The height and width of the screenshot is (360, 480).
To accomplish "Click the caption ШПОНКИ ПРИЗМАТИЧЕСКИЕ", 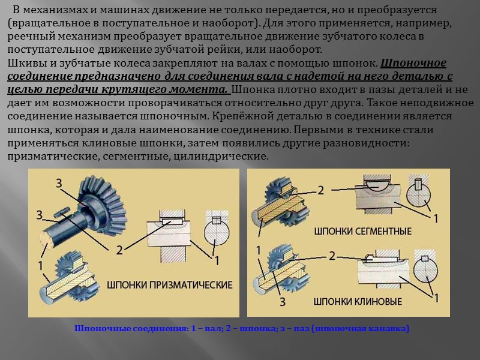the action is [x=170, y=284].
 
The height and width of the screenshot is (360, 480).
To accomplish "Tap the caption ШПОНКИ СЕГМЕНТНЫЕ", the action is [x=363, y=231].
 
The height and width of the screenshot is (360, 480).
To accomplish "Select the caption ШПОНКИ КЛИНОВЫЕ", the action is [x=358, y=302].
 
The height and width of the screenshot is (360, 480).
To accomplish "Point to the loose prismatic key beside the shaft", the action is [x=64, y=212].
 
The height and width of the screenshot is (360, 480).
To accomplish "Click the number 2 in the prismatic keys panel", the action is [x=119, y=250].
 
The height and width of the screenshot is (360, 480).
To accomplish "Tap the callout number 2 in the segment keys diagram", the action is [x=320, y=190].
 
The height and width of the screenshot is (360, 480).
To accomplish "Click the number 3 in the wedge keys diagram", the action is [x=283, y=302].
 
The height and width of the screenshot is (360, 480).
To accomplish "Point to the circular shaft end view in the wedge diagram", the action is [x=425, y=271].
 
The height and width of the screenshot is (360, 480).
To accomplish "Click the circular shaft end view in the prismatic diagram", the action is [x=217, y=232].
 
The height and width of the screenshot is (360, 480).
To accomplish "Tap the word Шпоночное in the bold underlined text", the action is [x=413, y=63].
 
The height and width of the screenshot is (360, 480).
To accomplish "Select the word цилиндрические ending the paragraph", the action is [x=221, y=156].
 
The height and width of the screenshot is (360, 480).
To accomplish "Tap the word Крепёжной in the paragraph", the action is [x=242, y=116].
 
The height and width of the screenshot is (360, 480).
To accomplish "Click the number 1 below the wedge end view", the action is [x=436, y=298].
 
